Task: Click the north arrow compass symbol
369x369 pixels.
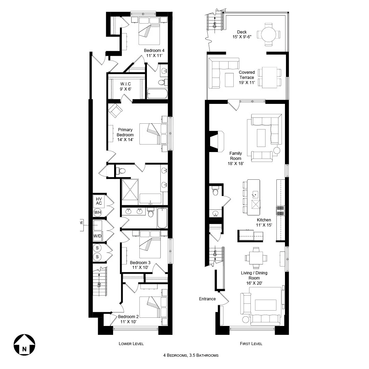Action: (x=24, y=345)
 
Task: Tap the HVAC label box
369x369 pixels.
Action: (x=99, y=201)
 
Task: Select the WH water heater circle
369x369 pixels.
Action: (x=98, y=213)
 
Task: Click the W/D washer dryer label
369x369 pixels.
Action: (x=98, y=236)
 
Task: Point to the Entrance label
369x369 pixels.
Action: (x=207, y=299)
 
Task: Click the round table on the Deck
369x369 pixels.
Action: (x=269, y=34)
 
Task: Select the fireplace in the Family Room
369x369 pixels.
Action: (x=215, y=141)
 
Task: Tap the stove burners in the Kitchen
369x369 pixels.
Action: (x=281, y=210)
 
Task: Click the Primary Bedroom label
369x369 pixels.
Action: (x=125, y=135)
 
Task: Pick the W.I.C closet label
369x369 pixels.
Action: (x=125, y=86)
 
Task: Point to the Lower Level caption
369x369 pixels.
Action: (x=131, y=344)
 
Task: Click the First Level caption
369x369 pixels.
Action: (x=251, y=344)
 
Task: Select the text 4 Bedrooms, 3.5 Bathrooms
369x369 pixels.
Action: (x=191, y=355)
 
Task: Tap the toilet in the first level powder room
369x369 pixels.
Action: (x=215, y=192)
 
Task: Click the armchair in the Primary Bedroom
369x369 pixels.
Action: (x=115, y=110)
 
